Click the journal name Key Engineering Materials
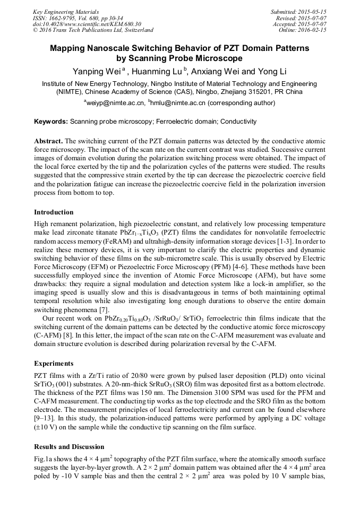point(66,12)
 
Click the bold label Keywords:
point(50,122)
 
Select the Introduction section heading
point(54,212)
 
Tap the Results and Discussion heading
point(69,447)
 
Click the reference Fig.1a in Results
point(44,459)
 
